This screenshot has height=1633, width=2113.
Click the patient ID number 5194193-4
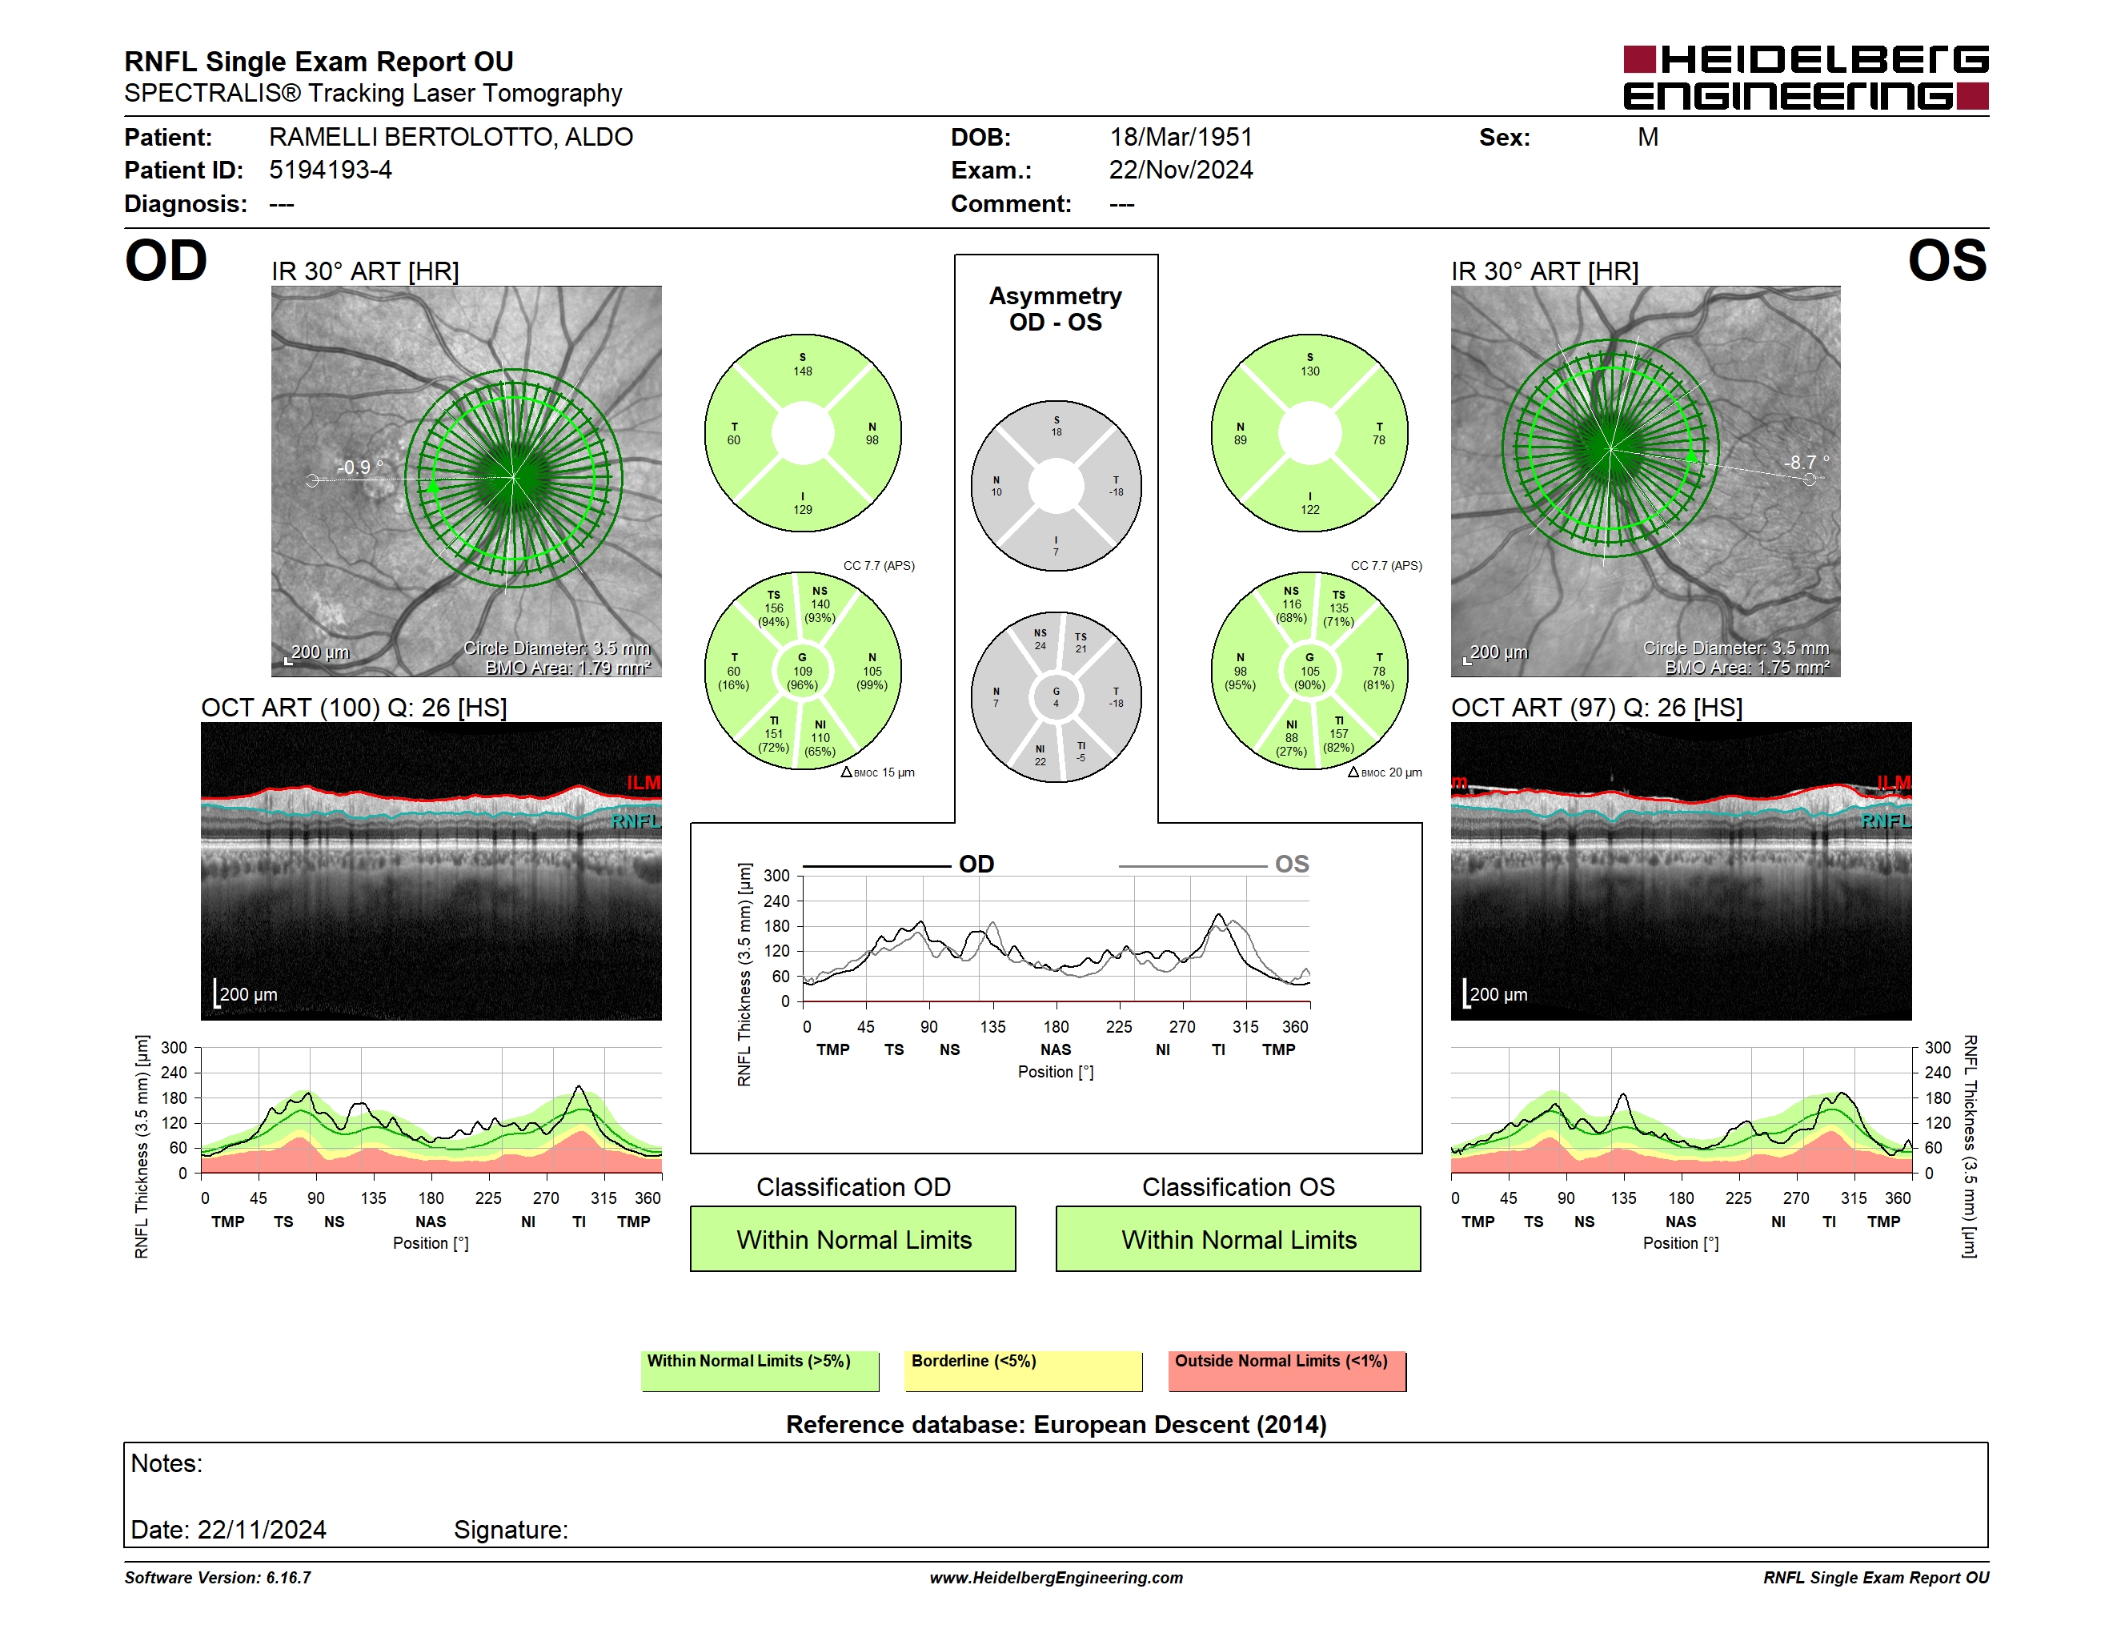pos(330,171)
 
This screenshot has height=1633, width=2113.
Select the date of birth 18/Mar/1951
pos(1181,138)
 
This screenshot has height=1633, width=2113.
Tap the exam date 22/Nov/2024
pos(1181,171)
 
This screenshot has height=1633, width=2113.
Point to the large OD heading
pos(166,261)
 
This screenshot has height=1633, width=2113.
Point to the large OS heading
pos(1947,261)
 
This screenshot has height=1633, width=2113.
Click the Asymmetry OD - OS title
pos(1056,309)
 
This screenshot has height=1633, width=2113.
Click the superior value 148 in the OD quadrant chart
pos(802,371)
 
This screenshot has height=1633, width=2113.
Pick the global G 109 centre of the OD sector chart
pos(802,672)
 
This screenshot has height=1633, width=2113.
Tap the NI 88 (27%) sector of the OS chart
pos(1291,738)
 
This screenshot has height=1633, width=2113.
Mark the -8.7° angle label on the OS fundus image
pos(1806,463)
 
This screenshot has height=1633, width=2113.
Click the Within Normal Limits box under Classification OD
pos(852,1238)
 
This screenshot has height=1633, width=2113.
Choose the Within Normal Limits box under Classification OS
pos(1237,1238)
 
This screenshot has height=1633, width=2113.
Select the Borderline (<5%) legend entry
pos(1023,1370)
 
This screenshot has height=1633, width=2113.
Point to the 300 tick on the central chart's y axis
pos(776,876)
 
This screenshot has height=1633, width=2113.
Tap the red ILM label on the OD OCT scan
pos(643,783)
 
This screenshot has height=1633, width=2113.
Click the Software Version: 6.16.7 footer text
pos(218,1578)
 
